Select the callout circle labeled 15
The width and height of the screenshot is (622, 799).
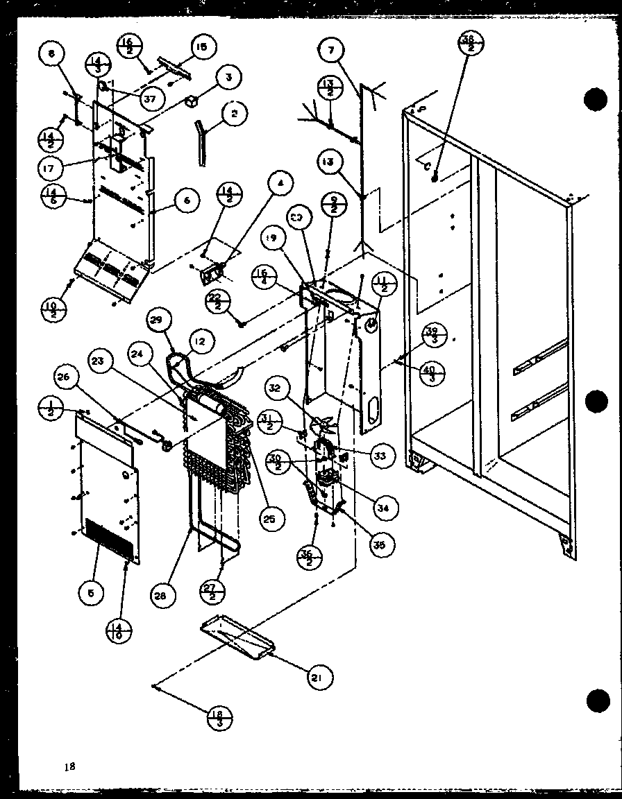[201, 48]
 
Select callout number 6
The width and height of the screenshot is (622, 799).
[186, 200]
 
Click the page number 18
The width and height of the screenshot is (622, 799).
[68, 766]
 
